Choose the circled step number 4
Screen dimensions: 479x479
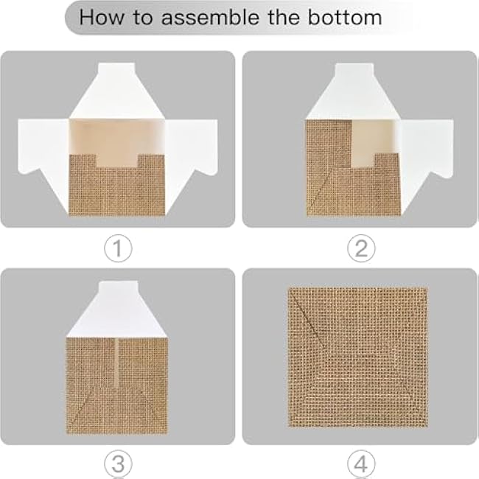[360, 464]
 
